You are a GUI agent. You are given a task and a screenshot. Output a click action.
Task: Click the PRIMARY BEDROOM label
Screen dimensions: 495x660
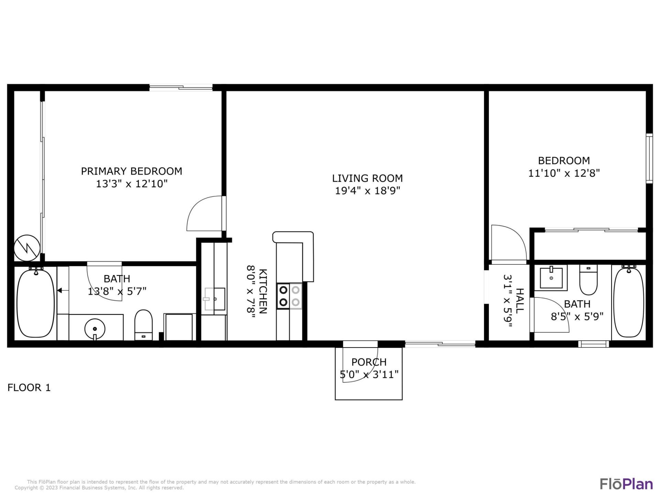[131, 171]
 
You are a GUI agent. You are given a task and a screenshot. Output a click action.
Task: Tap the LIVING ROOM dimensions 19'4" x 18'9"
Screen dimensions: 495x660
[367, 190]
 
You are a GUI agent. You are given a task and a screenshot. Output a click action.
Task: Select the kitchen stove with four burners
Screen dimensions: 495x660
[289, 296]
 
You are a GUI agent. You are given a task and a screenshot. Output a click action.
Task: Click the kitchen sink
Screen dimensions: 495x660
[215, 299]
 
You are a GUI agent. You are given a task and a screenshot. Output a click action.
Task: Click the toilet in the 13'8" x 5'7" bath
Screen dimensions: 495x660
[143, 324]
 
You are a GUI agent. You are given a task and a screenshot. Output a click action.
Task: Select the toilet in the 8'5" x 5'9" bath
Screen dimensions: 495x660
[588, 280]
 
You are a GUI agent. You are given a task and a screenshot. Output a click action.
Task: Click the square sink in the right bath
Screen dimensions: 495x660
[551, 278]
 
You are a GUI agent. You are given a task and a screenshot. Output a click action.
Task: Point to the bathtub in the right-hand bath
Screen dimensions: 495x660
[628, 302]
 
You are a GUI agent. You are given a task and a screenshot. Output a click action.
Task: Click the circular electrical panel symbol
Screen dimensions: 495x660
[27, 248]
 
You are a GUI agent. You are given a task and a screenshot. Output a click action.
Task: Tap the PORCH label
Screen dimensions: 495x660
[369, 362]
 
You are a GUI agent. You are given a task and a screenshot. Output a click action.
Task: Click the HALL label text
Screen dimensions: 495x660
[519, 301]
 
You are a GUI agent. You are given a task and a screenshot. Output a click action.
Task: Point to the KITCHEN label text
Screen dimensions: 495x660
[263, 291]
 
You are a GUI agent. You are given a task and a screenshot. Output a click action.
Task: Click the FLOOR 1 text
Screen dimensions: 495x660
[29, 388]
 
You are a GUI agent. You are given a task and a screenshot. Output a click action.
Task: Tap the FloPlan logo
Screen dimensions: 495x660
[626, 484]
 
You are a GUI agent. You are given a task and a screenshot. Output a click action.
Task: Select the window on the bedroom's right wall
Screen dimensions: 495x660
[649, 158]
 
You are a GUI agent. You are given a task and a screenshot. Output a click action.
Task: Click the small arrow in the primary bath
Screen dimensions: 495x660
[59, 291]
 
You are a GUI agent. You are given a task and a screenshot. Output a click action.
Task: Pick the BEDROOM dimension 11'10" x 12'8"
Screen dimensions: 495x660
[564, 173]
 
